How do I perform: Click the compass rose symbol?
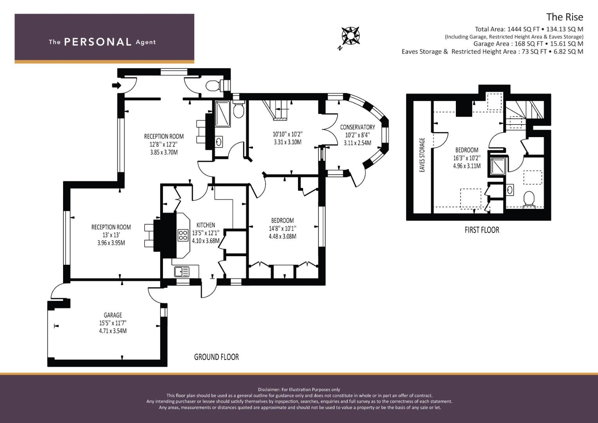coord(350,36)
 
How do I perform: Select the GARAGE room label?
coord(113,315)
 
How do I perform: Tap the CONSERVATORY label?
coord(357,127)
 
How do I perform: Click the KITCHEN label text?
coord(206,225)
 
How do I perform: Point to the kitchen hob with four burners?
coord(183,235)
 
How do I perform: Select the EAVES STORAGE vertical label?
coord(422,155)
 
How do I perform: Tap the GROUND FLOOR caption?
coord(217,357)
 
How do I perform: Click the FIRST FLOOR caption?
coord(482,230)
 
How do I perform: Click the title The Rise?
coord(564,17)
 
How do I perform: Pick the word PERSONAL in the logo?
coord(98,42)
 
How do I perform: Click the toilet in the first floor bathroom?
coord(529,199)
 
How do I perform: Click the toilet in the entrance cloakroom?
coord(213,85)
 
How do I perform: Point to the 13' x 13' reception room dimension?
coord(111,235)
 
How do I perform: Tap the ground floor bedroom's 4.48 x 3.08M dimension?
coord(282,236)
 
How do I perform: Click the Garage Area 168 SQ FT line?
coord(528,44)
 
